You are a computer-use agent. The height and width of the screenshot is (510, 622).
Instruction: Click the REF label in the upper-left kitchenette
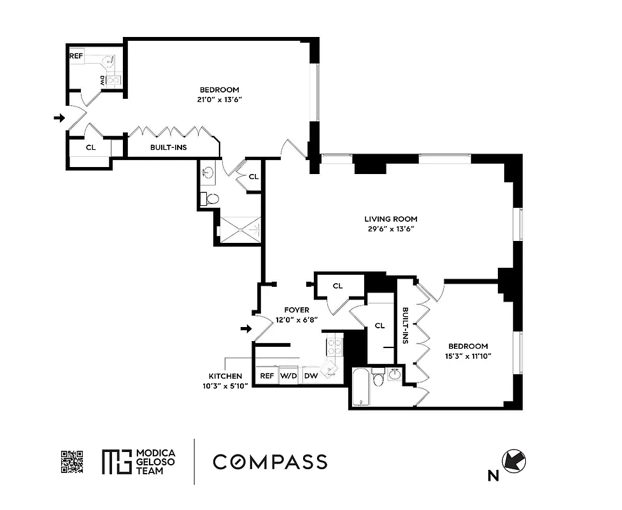pos(76,55)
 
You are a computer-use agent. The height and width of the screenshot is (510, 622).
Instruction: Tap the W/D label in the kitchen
pos(289,376)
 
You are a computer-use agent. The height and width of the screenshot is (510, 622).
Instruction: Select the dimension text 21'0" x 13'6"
pos(219,99)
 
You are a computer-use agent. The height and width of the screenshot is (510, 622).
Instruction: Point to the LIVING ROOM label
pos(391,219)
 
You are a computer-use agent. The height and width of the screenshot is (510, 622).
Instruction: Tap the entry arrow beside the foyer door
pos(244,328)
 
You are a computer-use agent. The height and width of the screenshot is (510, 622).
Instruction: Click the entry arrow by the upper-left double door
pos(59,118)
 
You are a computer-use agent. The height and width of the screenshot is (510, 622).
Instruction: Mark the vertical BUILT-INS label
pos(406,326)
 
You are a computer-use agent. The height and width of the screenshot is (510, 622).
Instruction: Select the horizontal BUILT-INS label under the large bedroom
pos(168,147)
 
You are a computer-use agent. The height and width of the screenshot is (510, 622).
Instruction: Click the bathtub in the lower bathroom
pos(361,387)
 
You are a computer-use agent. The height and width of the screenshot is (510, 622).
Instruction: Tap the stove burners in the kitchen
pos(334,347)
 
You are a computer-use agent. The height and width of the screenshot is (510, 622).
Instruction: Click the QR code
pos(72,462)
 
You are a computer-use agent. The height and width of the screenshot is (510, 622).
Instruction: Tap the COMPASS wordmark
pos(270,462)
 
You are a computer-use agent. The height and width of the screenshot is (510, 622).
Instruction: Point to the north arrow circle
pos(516,461)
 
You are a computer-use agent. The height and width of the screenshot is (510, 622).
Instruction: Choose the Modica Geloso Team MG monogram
pos(115,462)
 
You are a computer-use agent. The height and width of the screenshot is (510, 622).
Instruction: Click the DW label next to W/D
pos(311,376)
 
